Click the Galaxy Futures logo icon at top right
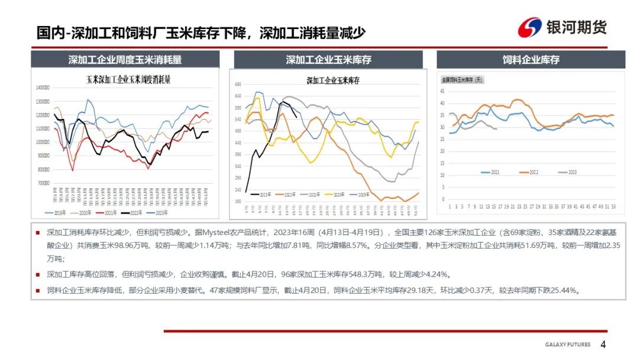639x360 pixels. point(530,27)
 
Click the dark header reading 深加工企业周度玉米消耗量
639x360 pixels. point(125,60)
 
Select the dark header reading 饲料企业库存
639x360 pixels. point(531,60)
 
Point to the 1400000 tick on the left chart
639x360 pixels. point(42,88)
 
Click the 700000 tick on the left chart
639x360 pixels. point(42,183)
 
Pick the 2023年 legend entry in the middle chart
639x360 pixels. point(264,194)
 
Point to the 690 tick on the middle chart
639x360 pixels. point(239,85)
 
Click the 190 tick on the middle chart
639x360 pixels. point(239,201)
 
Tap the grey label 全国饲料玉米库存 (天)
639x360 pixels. point(462,79)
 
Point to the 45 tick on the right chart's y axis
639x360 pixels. point(443,90)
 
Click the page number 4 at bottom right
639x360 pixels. point(603,345)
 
